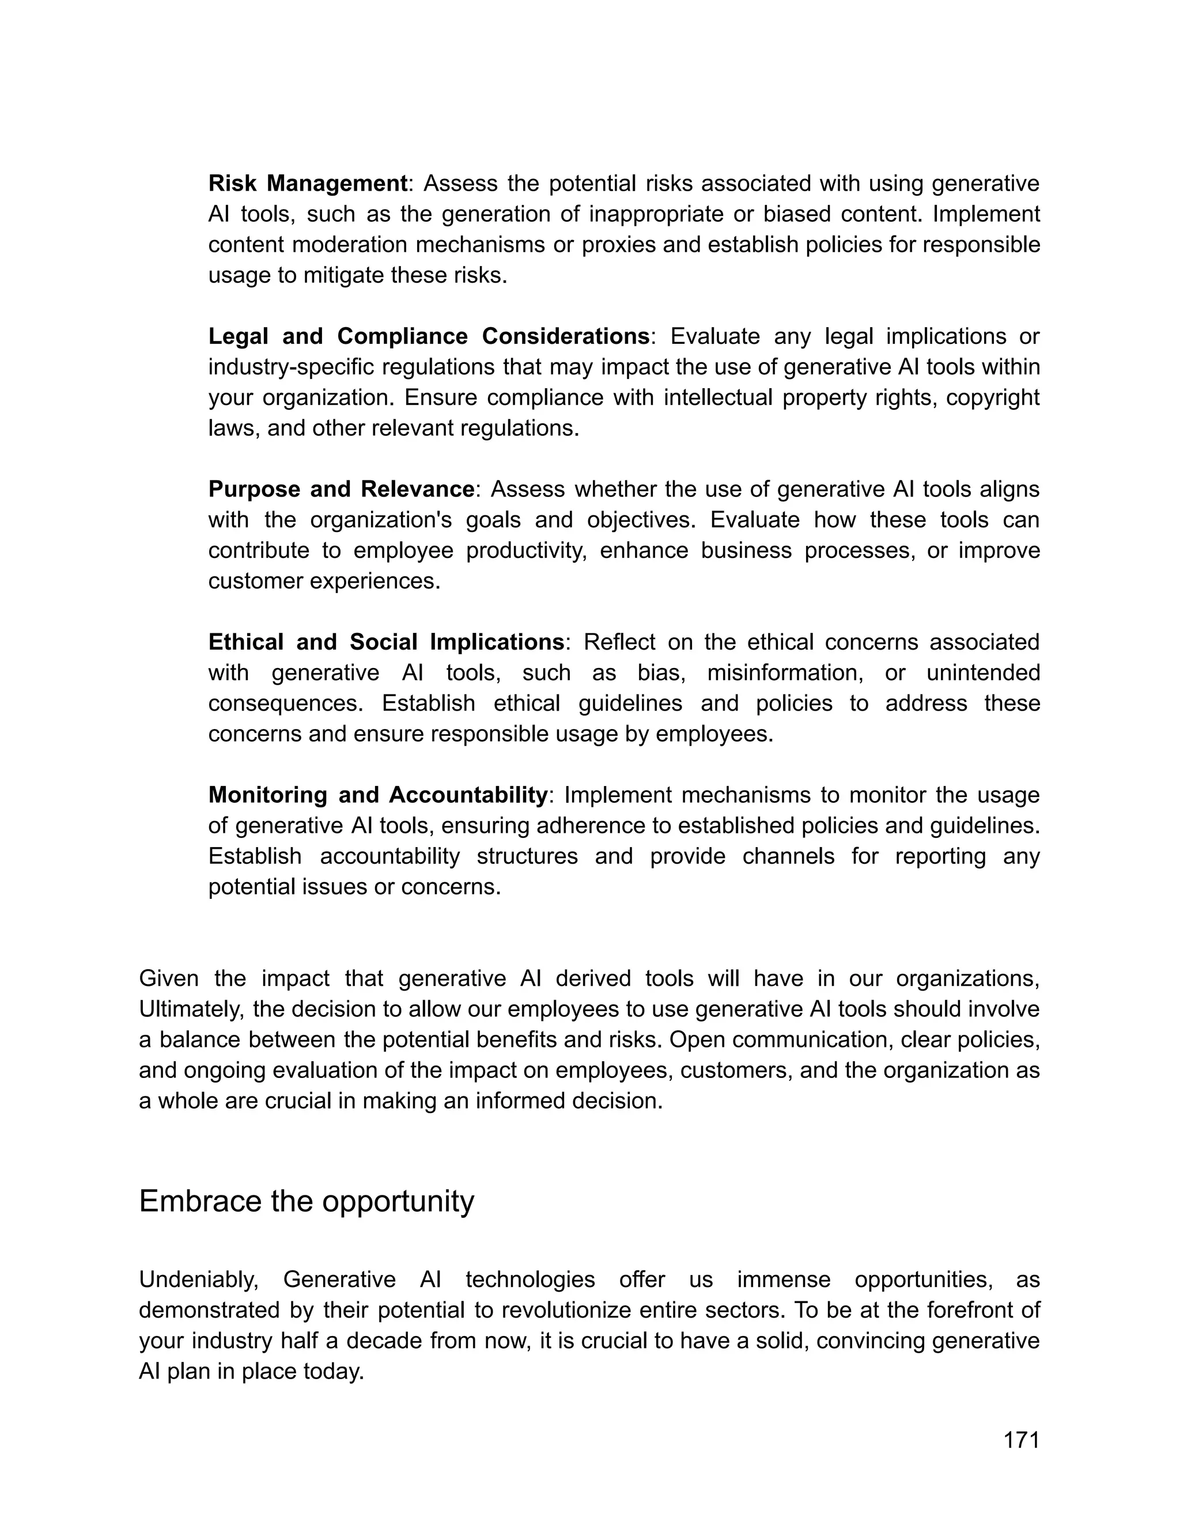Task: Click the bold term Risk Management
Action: [308, 184]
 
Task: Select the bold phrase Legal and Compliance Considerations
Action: [429, 337]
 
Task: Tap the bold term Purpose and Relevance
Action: [341, 489]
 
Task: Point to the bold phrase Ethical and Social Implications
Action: [386, 642]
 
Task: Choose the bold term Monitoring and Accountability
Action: [377, 795]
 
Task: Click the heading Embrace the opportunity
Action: [306, 1201]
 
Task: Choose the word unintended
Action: [983, 673]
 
